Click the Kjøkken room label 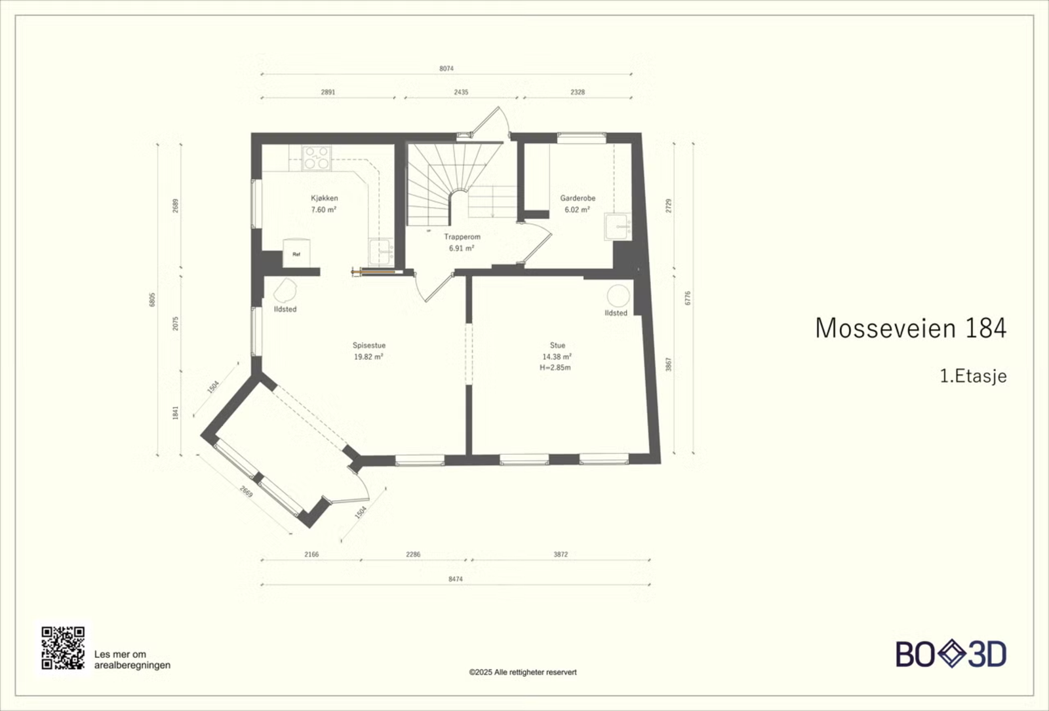[324, 198]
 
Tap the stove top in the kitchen [317, 158]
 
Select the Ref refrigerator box [296, 253]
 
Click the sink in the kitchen [382, 252]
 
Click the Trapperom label [462, 237]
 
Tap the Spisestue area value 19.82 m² [368, 356]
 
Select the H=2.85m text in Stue [555, 368]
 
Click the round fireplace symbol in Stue [618, 296]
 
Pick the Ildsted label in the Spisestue [285, 309]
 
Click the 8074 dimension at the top [446, 68]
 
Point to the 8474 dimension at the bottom [455, 579]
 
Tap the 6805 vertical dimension [151, 299]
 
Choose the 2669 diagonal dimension [247, 491]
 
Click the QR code [63, 648]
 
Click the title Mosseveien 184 [911, 328]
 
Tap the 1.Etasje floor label [974, 376]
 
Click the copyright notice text [523, 672]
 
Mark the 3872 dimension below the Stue [561, 554]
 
